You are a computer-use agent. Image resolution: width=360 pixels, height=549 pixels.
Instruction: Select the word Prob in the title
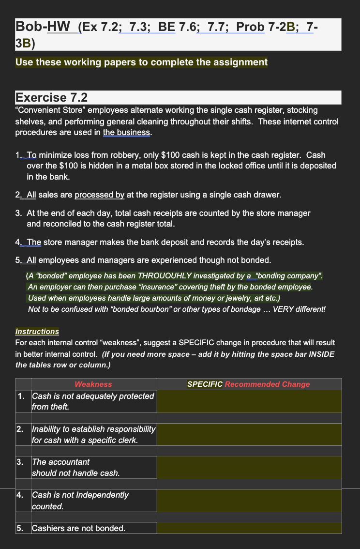250,27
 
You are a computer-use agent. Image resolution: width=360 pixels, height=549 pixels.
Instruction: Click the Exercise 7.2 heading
51,97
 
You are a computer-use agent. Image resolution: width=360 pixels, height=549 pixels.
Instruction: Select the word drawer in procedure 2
266,195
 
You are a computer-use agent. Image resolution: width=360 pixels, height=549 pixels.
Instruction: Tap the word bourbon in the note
155,309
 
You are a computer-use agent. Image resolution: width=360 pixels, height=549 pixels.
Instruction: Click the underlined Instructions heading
37,332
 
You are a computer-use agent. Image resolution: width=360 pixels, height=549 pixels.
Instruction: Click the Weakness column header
93,384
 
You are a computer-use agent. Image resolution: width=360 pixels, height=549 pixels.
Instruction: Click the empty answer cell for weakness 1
249,401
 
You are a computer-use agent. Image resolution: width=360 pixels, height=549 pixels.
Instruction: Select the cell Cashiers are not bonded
78,528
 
